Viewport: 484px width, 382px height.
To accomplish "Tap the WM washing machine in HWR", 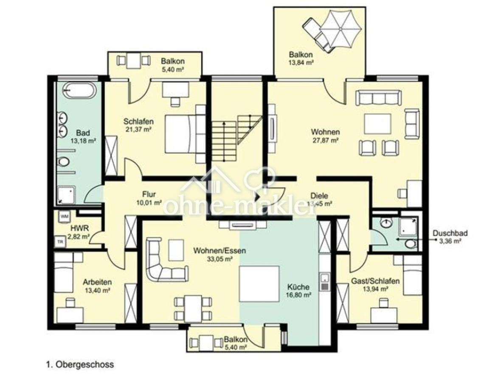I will click(65, 216).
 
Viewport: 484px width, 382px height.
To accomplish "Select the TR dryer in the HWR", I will click(59, 241).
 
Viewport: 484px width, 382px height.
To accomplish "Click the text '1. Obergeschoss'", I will click(80, 365).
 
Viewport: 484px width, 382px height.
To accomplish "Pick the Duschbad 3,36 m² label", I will click(450, 236).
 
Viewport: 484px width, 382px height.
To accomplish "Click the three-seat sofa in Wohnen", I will click(379, 99).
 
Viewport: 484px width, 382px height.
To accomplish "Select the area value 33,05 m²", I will click(219, 258).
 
